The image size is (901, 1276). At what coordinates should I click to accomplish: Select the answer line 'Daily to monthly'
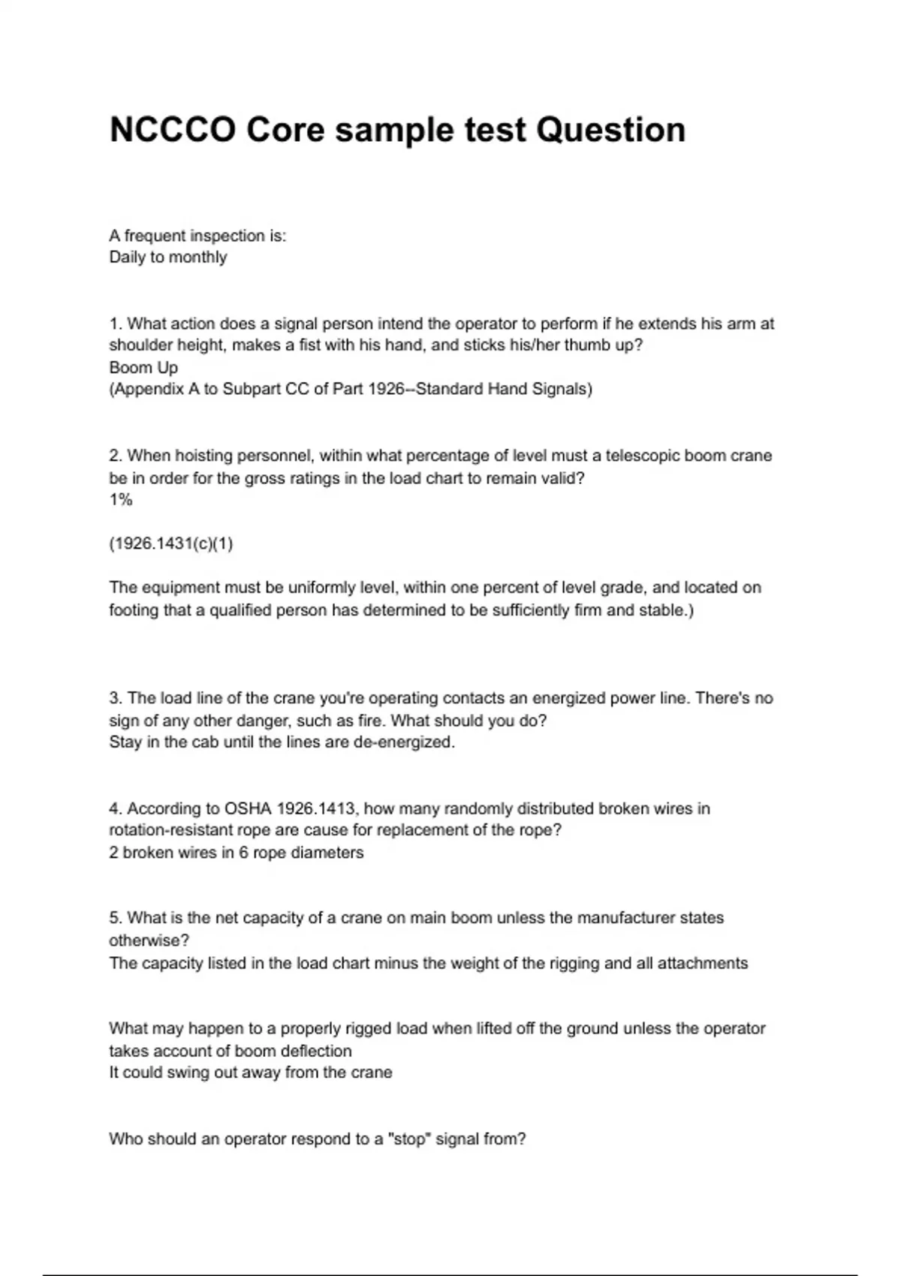(168, 257)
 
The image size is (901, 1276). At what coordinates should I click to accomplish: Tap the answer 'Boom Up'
(143, 368)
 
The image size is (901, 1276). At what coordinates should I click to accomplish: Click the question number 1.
(116, 324)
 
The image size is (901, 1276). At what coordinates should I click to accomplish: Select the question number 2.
(116, 456)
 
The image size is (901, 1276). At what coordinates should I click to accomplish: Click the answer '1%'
(121, 500)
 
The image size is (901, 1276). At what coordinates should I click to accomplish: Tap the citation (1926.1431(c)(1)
(171, 544)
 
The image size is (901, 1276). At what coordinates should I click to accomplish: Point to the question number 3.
(116, 699)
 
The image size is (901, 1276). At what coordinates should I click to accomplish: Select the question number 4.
(116, 809)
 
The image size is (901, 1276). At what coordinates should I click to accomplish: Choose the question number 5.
(116, 919)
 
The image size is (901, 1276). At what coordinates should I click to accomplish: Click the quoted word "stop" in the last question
(408, 1139)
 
